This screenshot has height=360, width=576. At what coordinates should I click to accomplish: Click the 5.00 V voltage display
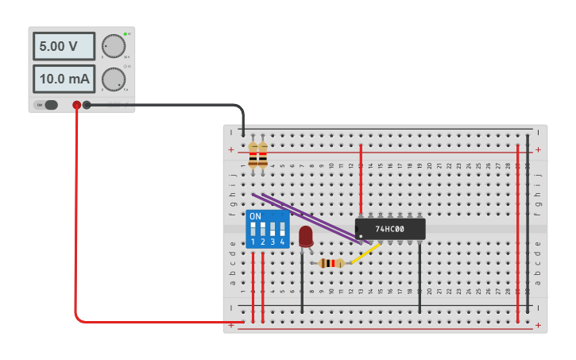pyautogui.click(x=64, y=46)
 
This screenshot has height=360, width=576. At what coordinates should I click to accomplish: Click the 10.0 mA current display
pyautogui.click(x=64, y=79)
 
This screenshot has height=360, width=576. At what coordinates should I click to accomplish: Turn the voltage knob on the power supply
pyautogui.click(x=114, y=46)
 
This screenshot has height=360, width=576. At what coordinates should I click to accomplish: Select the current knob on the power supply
pyautogui.click(x=114, y=79)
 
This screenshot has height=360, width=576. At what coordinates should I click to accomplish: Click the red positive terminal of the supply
pyautogui.click(x=77, y=105)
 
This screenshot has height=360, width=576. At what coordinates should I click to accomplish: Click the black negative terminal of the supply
pyautogui.click(x=87, y=105)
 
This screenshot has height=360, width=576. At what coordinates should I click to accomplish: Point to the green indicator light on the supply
pyautogui.click(x=126, y=34)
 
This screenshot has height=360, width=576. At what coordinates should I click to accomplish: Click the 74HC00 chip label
pyautogui.click(x=389, y=230)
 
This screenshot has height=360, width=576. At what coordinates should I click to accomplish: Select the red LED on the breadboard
pyautogui.click(x=306, y=235)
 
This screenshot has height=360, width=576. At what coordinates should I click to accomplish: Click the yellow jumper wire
pyautogui.click(x=365, y=254)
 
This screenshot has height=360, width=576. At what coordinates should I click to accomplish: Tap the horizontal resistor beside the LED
pyautogui.click(x=331, y=263)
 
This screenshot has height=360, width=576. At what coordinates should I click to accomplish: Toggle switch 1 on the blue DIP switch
pyautogui.click(x=253, y=228)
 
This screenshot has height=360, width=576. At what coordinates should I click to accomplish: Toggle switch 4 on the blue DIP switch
pyautogui.click(x=282, y=228)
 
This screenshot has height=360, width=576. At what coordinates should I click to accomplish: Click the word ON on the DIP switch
pyautogui.click(x=255, y=216)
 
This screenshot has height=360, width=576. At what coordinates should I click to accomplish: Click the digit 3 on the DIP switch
pyautogui.click(x=273, y=242)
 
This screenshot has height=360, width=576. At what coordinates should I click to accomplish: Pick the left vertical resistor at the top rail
pyautogui.click(x=253, y=157)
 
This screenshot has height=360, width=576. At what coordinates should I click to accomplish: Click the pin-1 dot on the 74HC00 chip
pyautogui.click(x=361, y=236)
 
